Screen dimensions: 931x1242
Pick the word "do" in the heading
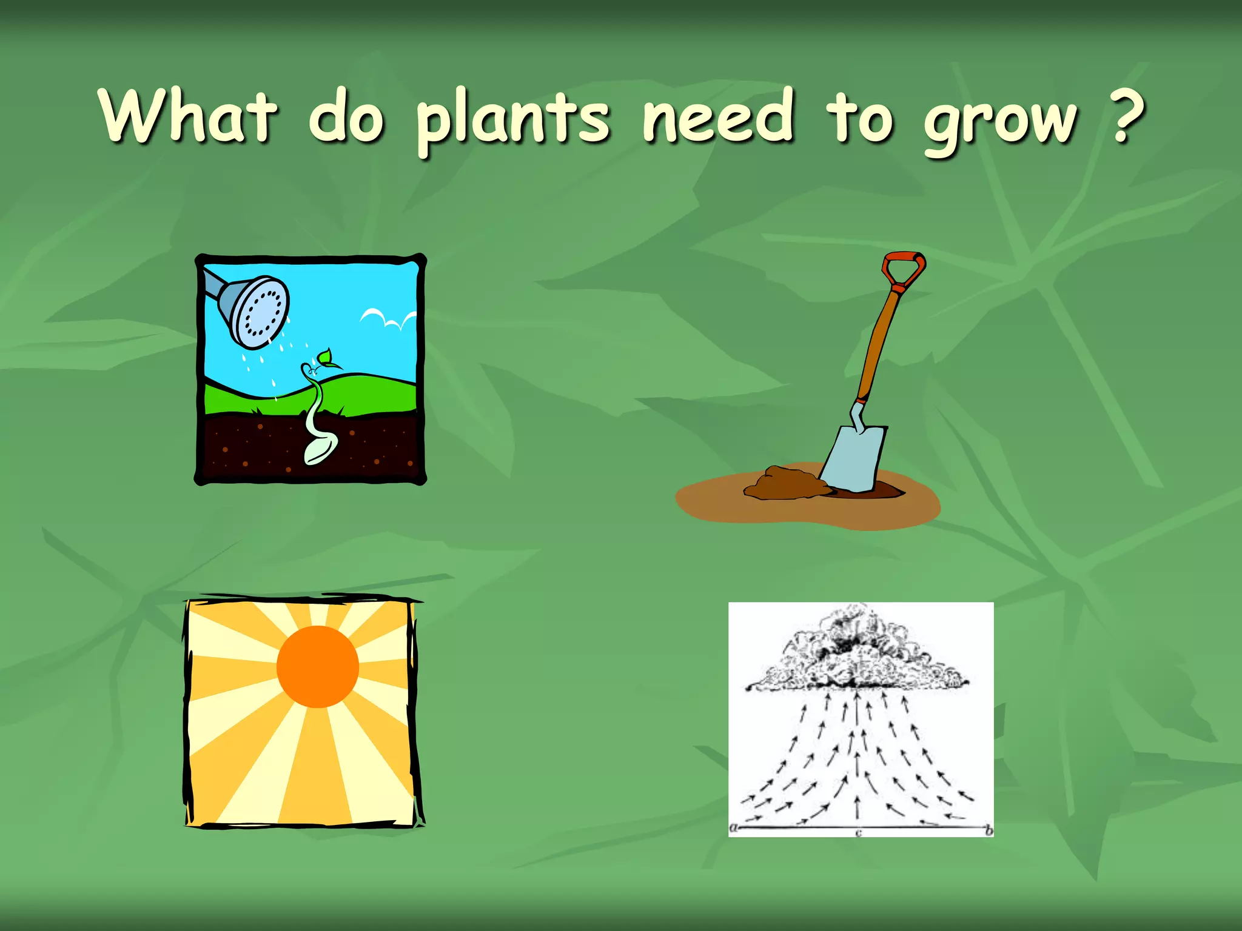tap(346, 116)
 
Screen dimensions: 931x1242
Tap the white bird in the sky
tap(388, 319)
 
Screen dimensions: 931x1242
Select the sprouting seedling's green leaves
tap(326, 359)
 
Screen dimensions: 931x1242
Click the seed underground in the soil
tap(320, 450)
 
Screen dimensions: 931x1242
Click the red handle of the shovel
tap(904, 269)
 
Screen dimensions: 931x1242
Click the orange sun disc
tap(317, 667)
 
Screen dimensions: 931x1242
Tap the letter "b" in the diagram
tap(989, 831)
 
